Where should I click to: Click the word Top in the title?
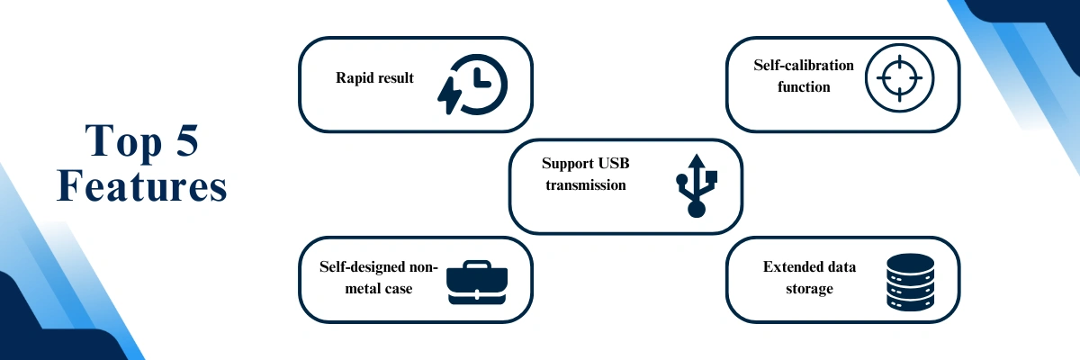pyautogui.click(x=123, y=141)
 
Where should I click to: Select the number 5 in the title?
pyautogui.click(x=187, y=140)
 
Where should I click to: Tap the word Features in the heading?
pyautogui.click(x=142, y=185)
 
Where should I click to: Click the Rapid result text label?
pyautogui.click(x=374, y=78)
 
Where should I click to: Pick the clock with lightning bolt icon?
pyautogui.click(x=472, y=85)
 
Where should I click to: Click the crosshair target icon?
pyautogui.click(x=899, y=78)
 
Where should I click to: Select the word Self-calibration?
pyautogui.click(x=804, y=65)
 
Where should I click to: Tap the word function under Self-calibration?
pyautogui.click(x=804, y=87)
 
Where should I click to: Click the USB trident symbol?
pyautogui.click(x=697, y=185)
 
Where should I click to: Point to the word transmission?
pyautogui.click(x=586, y=185)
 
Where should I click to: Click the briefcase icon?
pyautogui.click(x=477, y=283)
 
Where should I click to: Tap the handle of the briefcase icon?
pyautogui.click(x=477, y=265)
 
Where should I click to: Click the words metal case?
pyautogui.click(x=379, y=289)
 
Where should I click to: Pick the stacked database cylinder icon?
pyautogui.click(x=910, y=282)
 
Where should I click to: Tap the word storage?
pyautogui.click(x=809, y=289)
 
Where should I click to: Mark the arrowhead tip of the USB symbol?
pyautogui.click(x=697, y=154)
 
